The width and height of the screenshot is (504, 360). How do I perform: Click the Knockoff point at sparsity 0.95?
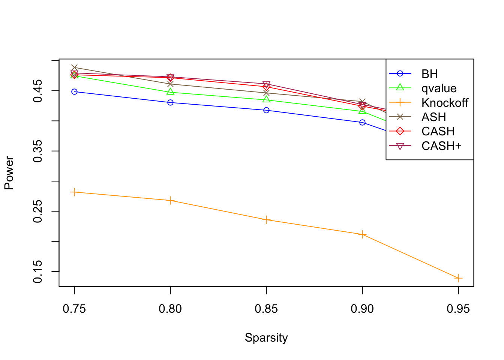[x=458, y=278]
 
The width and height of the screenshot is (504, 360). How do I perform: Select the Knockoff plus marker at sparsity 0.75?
[x=74, y=192]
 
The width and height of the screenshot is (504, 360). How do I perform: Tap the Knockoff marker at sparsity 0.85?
[x=266, y=220]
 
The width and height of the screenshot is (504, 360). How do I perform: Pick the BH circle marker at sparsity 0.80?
[x=170, y=102]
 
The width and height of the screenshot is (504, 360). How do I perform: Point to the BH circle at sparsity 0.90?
[x=362, y=122]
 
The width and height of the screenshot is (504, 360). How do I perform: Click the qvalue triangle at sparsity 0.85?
[x=266, y=99]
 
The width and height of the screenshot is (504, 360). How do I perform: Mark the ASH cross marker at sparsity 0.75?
[x=74, y=68]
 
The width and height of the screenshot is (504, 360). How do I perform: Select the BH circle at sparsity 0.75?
[x=74, y=91]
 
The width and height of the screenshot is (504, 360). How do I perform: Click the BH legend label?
[x=429, y=74]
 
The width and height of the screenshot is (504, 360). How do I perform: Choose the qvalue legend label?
[x=439, y=88]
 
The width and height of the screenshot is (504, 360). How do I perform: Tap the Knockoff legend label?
[x=445, y=103]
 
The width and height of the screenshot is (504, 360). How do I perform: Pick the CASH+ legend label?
[x=441, y=146]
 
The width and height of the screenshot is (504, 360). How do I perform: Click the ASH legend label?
[x=433, y=117]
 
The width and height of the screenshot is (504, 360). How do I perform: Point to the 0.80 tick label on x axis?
[x=170, y=309]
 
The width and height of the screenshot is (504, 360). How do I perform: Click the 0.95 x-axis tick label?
[x=458, y=309]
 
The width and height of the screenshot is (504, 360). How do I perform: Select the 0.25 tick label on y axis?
[x=38, y=211]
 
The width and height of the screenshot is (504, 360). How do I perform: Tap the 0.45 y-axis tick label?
[x=38, y=91]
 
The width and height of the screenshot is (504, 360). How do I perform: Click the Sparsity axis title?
[x=266, y=337]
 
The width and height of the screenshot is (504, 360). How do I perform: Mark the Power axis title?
[x=9, y=173]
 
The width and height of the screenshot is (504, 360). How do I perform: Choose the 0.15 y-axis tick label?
[x=38, y=271]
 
